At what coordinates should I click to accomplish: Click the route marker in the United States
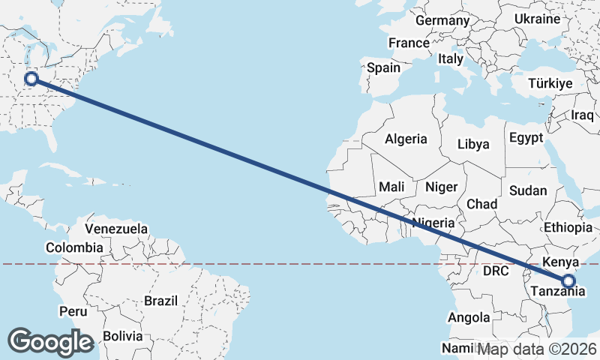(31, 79)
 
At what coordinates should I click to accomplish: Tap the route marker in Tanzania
(568, 281)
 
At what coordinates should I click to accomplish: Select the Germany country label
(442, 20)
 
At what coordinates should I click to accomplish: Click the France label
(409, 43)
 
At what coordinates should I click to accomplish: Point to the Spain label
(383, 67)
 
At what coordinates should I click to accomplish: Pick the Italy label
(451, 58)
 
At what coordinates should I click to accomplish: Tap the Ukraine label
(538, 19)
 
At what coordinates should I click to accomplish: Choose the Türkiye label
(550, 84)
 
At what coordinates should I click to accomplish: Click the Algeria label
(406, 139)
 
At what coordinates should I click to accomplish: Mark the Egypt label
(525, 138)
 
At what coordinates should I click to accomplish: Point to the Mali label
(392, 187)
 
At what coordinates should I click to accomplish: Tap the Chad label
(481, 204)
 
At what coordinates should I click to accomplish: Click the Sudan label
(528, 190)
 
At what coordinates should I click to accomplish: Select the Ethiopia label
(568, 227)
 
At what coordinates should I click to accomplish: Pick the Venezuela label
(116, 228)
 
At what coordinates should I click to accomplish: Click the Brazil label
(161, 301)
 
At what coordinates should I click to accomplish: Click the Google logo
(50, 342)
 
